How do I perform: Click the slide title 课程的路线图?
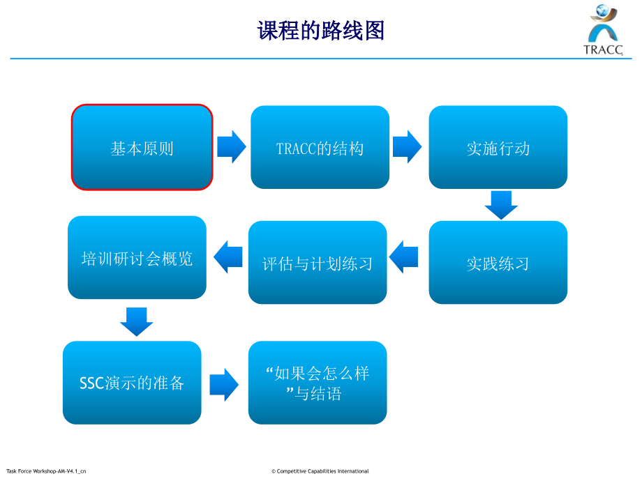[x=321, y=31]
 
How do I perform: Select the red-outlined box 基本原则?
[x=142, y=148]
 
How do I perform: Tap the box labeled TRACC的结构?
[x=320, y=148]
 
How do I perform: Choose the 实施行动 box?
[x=498, y=148]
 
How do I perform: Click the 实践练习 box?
[x=498, y=263]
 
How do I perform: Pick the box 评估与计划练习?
[x=318, y=263]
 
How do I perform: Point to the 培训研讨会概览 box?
[x=137, y=258]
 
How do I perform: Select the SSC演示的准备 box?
[x=132, y=383]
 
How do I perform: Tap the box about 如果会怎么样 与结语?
[x=318, y=383]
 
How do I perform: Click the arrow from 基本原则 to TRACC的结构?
[x=232, y=147]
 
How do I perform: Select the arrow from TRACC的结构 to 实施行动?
[x=408, y=147]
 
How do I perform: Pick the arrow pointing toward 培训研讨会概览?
[x=227, y=257]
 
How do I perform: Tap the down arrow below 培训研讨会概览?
[x=137, y=321]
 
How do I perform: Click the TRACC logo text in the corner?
[x=602, y=49]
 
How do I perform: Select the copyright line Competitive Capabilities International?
[x=320, y=471]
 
